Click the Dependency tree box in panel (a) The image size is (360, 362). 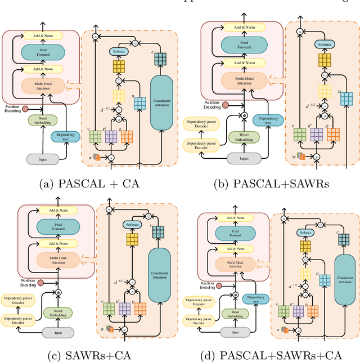pos(65,136)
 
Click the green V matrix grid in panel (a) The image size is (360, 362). pos(94,136)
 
